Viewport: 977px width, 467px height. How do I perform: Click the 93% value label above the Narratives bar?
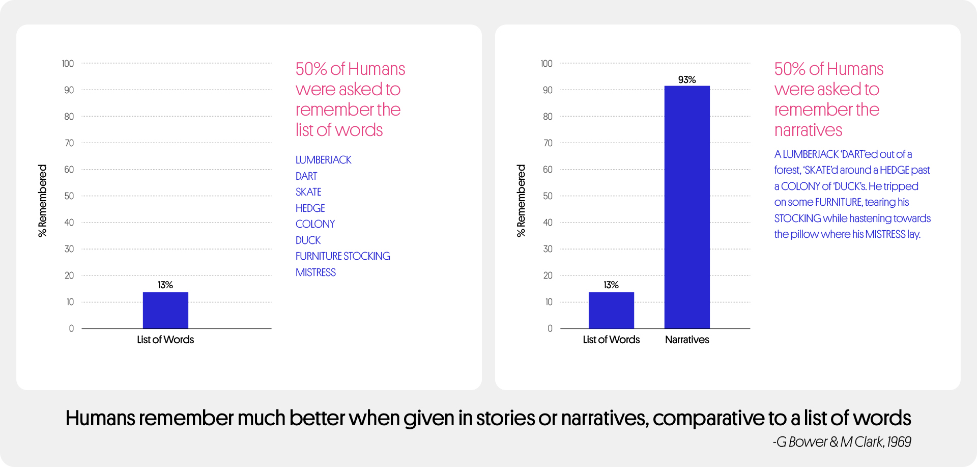coord(687,80)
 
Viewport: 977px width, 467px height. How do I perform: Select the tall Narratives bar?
coord(687,207)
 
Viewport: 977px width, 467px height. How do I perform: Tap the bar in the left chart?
coord(165,310)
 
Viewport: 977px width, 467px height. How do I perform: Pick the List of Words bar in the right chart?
coord(611,310)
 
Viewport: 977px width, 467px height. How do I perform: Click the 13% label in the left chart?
coord(165,285)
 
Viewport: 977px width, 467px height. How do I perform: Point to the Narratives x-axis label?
coord(687,340)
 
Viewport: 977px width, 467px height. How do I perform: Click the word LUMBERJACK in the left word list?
coord(324,160)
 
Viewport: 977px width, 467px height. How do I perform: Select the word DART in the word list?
coord(306,176)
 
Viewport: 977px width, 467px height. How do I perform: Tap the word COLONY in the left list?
coord(315,224)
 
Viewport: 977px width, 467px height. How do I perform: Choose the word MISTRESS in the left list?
coord(315,272)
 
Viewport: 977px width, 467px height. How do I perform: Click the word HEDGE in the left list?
coord(310,208)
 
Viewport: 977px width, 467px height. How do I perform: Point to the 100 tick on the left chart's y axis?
coord(68,64)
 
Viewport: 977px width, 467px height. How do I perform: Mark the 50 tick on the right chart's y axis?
coord(548,196)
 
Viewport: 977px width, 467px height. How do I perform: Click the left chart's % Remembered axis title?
coord(42,201)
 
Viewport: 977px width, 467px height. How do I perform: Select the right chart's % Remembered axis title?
coord(521,201)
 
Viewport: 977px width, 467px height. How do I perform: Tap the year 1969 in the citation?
coord(899,442)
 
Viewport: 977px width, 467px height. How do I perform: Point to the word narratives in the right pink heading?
coord(808,130)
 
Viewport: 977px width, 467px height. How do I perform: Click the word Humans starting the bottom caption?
coord(100,418)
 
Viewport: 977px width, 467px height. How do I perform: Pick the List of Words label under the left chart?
coord(165,340)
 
